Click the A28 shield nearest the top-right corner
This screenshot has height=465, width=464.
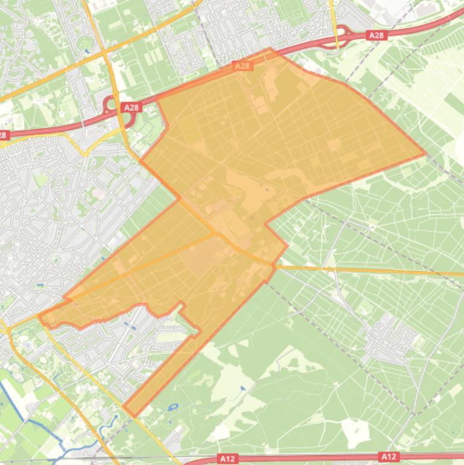tap(376, 36)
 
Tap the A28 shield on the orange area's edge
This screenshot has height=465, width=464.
tap(242, 66)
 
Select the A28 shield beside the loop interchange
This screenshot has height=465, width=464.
tap(130, 107)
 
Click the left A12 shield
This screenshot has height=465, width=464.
tap(227, 459)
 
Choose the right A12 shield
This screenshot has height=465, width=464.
tap(388, 457)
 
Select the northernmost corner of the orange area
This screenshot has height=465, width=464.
tap(270, 49)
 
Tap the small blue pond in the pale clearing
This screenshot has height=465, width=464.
tap(242, 388)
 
